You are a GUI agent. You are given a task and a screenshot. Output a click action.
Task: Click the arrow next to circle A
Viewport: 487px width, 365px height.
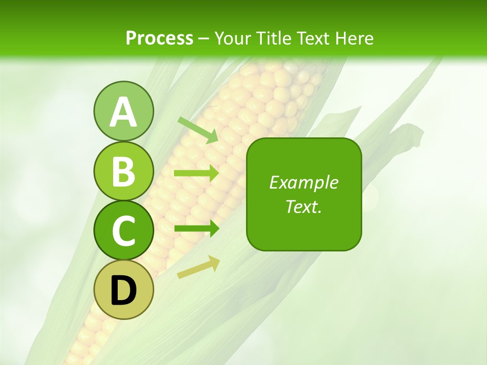click(198, 130)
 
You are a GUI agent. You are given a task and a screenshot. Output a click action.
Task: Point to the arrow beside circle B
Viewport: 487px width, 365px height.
click(196, 173)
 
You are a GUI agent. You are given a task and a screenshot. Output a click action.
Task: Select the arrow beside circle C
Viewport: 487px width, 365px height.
click(196, 228)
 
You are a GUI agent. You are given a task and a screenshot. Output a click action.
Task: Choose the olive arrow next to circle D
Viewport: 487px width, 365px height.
click(198, 267)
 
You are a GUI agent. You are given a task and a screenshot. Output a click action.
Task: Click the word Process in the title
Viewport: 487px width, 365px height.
click(159, 38)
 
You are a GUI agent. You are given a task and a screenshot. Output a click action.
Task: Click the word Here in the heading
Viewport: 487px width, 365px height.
click(354, 38)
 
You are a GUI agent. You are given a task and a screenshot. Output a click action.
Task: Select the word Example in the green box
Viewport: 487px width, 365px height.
click(303, 182)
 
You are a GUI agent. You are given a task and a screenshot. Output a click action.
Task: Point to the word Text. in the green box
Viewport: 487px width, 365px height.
click(303, 206)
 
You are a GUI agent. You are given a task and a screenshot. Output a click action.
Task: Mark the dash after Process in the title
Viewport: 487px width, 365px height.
click(203, 39)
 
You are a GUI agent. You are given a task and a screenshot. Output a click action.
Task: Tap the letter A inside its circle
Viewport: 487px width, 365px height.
click(123, 112)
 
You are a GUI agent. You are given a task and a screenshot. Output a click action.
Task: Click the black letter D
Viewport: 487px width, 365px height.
click(123, 290)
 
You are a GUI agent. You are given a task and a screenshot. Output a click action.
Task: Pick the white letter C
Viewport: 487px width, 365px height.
click(123, 231)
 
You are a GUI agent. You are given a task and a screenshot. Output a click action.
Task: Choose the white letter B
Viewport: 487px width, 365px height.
click(123, 171)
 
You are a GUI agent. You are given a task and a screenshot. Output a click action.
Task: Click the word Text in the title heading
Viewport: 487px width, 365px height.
click(314, 38)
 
